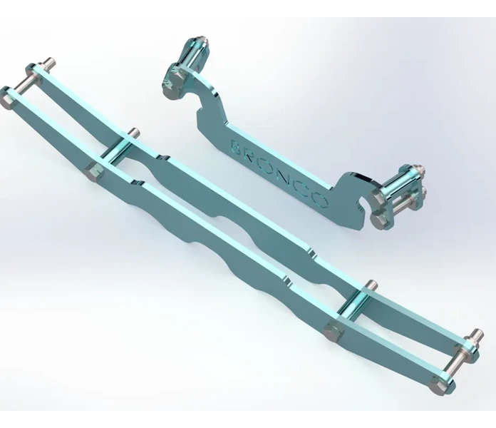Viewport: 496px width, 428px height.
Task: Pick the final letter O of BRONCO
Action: pyautogui.click(x=320, y=200)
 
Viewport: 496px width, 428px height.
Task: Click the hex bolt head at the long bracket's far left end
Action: pyautogui.click(x=7, y=98)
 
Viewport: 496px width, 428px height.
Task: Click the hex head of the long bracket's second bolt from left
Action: pyautogui.click(x=95, y=172)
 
